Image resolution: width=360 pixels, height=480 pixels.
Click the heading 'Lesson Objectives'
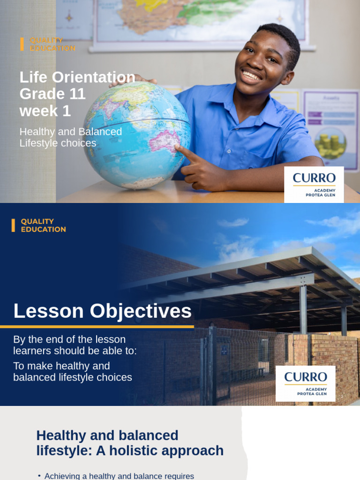tap(102, 311)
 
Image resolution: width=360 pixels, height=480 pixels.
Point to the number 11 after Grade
tap(77, 94)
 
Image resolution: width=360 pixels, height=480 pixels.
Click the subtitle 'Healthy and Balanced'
tap(70, 132)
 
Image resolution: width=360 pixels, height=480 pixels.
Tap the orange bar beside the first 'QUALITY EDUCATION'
tap(22, 44)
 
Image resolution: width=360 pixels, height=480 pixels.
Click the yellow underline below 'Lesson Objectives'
tap(97, 327)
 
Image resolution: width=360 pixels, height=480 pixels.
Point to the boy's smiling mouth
tap(252, 75)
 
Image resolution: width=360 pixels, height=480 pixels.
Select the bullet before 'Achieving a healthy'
tap(39, 476)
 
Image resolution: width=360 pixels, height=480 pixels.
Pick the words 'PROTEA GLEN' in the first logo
tap(320, 195)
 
